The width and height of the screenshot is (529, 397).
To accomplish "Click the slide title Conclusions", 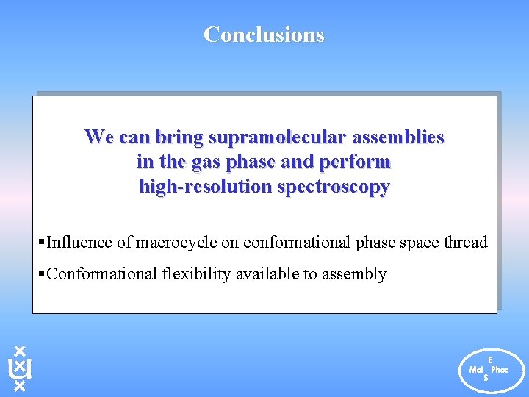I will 264,35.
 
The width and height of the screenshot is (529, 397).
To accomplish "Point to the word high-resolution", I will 205,186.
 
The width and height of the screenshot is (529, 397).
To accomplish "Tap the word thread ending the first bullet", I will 465,242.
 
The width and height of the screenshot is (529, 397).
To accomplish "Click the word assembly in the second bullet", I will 356,274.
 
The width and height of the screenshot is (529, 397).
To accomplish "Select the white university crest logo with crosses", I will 20,368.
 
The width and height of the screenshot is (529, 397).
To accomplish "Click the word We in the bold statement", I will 98,137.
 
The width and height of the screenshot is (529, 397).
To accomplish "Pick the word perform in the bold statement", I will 361,161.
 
